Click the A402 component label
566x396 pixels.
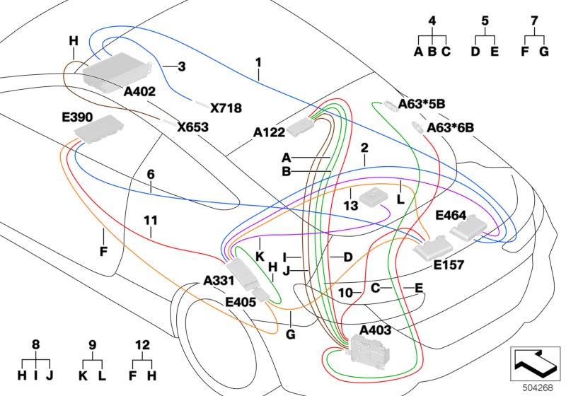point(139,92)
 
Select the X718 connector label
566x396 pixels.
point(226,108)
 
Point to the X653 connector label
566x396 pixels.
point(192,127)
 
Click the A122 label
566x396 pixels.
point(269,132)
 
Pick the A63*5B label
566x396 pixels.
point(422,104)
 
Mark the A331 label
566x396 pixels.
point(219,281)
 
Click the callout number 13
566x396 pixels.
point(350,206)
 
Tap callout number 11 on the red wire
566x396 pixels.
point(150,220)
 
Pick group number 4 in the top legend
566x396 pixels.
point(432,22)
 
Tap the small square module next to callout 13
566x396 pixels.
point(373,199)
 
